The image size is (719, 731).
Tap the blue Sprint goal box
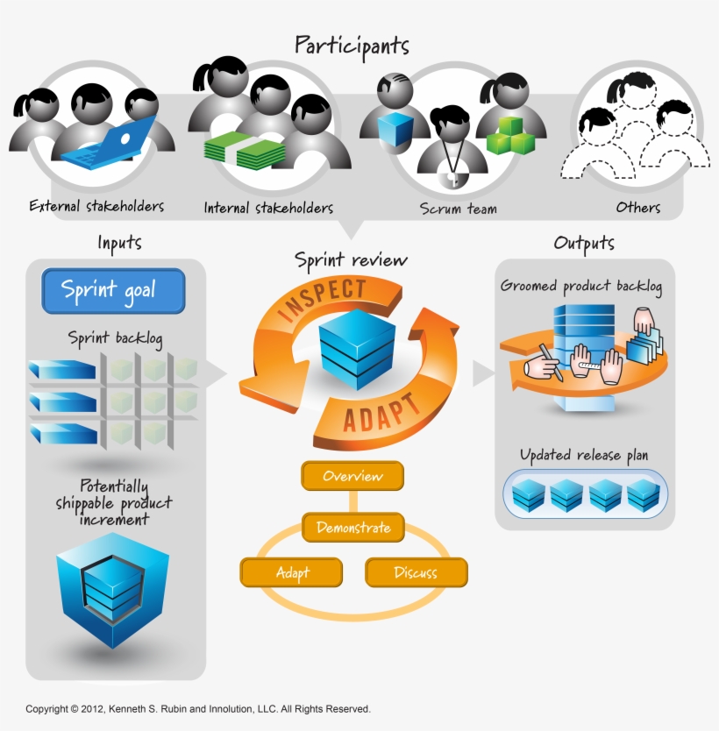113,291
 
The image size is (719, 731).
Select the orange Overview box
352,476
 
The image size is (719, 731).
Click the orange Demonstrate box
353,528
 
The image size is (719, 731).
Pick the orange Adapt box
292,572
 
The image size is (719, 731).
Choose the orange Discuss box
416,572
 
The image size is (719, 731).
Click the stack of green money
246,151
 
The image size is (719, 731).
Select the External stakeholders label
96,207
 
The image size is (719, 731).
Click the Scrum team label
458,209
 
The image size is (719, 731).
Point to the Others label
638,208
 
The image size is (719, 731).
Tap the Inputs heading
119,243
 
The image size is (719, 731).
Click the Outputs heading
584,243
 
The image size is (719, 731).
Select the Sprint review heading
351,260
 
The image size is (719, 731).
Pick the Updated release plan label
584,455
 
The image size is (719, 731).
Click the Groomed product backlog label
581,286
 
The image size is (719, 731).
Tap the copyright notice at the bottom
197,708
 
